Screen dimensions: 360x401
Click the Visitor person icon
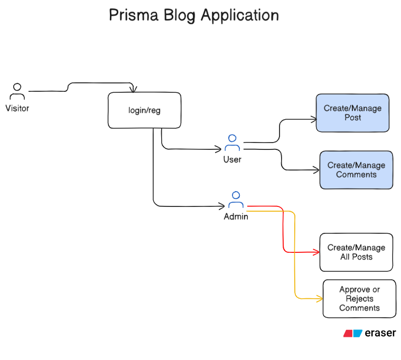pyautogui.click(x=17, y=91)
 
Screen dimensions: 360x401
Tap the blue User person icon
pyautogui.click(x=232, y=143)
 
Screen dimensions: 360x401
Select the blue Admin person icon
pyautogui.click(x=236, y=200)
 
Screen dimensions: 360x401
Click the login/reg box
pyautogui.click(x=144, y=110)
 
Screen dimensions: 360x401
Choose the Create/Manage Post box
pyautogui.click(x=352, y=113)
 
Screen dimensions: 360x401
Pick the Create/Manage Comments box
pyautogui.click(x=356, y=170)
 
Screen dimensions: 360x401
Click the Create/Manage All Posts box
pyautogui.click(x=356, y=252)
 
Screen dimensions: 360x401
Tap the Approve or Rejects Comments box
pyautogui.click(x=359, y=299)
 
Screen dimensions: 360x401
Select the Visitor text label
pyautogui.click(x=17, y=109)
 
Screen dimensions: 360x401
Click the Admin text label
pyautogui.click(x=236, y=216)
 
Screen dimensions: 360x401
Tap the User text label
pyautogui.click(x=232, y=159)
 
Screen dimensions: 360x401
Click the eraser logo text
pyautogui.click(x=380, y=333)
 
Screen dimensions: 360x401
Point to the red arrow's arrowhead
pyautogui.click(x=317, y=252)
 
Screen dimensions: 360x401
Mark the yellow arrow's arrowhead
pyautogui.click(x=320, y=299)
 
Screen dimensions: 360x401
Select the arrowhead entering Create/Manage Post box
pyautogui.click(x=313, y=119)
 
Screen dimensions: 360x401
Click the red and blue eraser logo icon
pyautogui.click(x=352, y=334)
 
